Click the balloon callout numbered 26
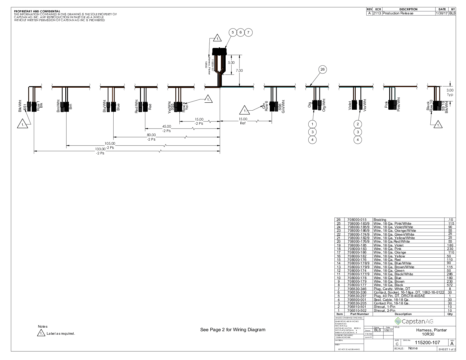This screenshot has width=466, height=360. tap(322, 69)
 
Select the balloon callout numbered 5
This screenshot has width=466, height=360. tap(233, 32)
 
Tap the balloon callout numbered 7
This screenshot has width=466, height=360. tap(249, 32)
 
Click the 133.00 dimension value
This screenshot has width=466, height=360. tap(101, 149)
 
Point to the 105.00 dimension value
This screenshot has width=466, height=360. tap(110, 144)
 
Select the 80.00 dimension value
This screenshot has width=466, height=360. tap(151, 135)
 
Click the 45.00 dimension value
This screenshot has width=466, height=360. tap(167, 126)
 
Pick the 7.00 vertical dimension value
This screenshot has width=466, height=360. tap(239, 71)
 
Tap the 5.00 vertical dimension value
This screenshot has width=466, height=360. tap(231, 63)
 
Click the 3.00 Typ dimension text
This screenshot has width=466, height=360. tap(450, 92)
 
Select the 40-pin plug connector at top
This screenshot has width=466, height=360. tap(220, 51)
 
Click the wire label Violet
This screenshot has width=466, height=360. tap(350, 105)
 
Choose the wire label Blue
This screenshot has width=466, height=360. tap(118, 106)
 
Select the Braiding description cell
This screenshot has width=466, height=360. tap(380, 220)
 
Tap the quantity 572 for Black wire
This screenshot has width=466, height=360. tap(450, 285)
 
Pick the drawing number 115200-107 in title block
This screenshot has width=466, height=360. tap(427, 343)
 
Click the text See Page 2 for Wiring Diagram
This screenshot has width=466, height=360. tap(233, 330)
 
